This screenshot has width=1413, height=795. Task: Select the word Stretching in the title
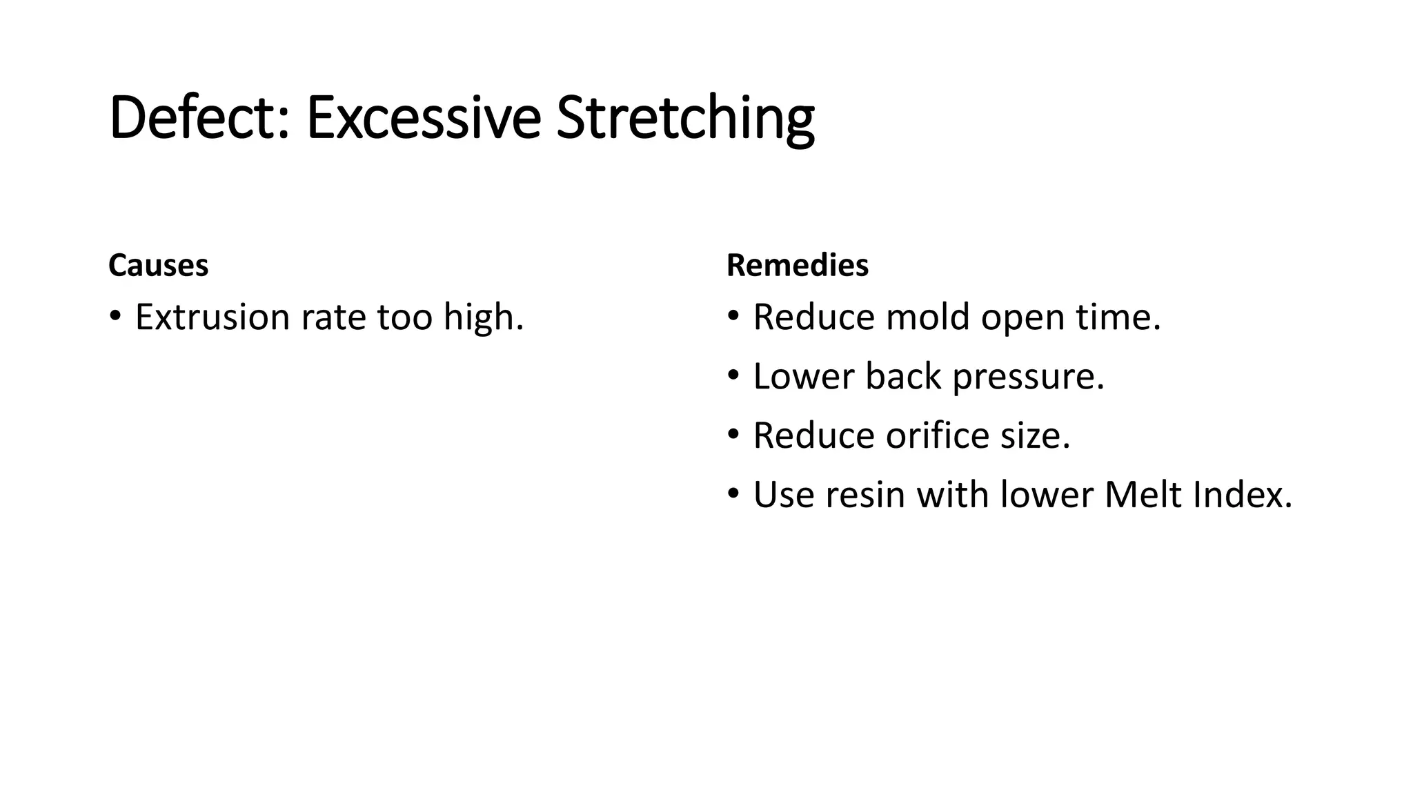click(x=685, y=119)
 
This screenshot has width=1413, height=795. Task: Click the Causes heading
click(x=158, y=265)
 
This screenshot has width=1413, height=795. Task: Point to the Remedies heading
click(x=798, y=265)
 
